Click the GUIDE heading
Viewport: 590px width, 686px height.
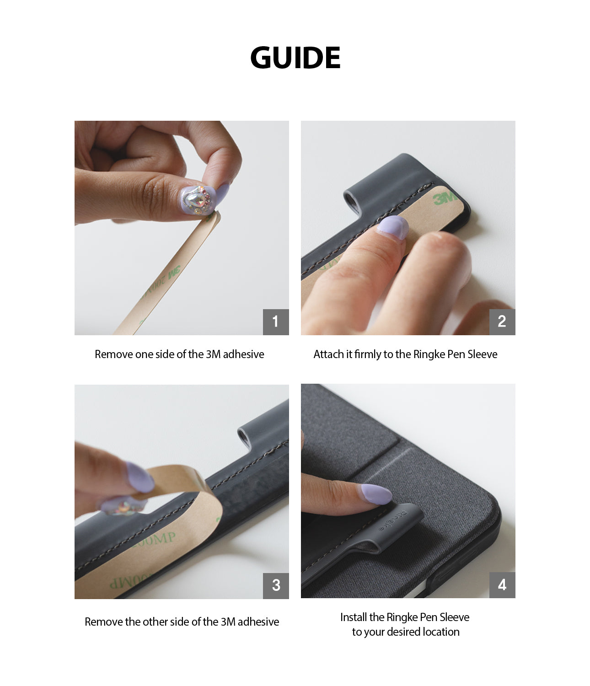click(x=295, y=58)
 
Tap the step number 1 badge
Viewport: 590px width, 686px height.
click(x=275, y=322)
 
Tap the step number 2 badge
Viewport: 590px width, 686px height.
click(x=502, y=322)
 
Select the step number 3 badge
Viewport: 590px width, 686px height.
click(x=275, y=585)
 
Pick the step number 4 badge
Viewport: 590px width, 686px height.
click(x=502, y=585)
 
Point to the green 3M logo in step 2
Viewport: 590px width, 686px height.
click(x=444, y=198)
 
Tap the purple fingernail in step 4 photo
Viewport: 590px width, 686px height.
click(x=375, y=494)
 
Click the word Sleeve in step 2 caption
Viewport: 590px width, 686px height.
click(x=482, y=354)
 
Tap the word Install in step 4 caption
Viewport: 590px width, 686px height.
click(x=354, y=617)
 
